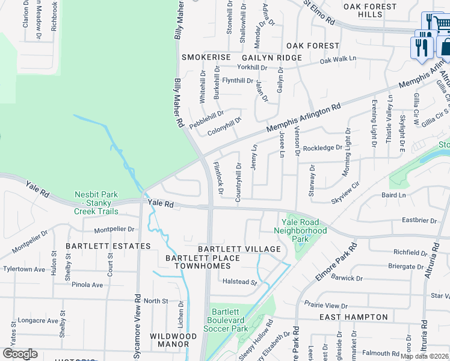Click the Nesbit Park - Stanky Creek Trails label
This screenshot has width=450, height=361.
click(x=97, y=203)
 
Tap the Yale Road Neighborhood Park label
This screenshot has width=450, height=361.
click(x=300, y=230)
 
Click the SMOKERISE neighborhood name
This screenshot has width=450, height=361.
click(x=206, y=57)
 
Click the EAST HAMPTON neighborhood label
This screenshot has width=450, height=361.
click(x=353, y=317)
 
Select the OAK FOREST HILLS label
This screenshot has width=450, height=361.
click(x=370, y=11)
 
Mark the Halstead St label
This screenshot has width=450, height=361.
click(x=240, y=282)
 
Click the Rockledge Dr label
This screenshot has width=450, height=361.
click(x=322, y=147)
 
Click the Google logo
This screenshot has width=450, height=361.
click(x=20, y=354)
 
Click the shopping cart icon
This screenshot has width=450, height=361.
click(x=440, y=22)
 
